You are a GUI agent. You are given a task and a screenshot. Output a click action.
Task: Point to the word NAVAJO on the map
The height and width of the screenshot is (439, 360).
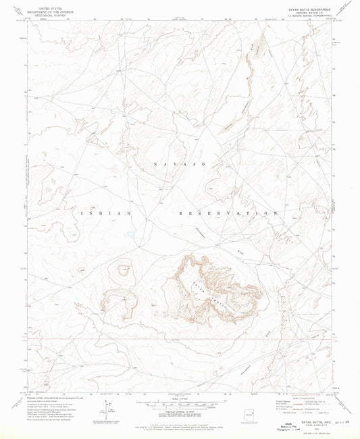pyautogui.click(x=178, y=164)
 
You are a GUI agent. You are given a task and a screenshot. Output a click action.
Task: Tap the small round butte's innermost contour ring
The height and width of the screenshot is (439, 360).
pyautogui.click(x=123, y=270)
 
